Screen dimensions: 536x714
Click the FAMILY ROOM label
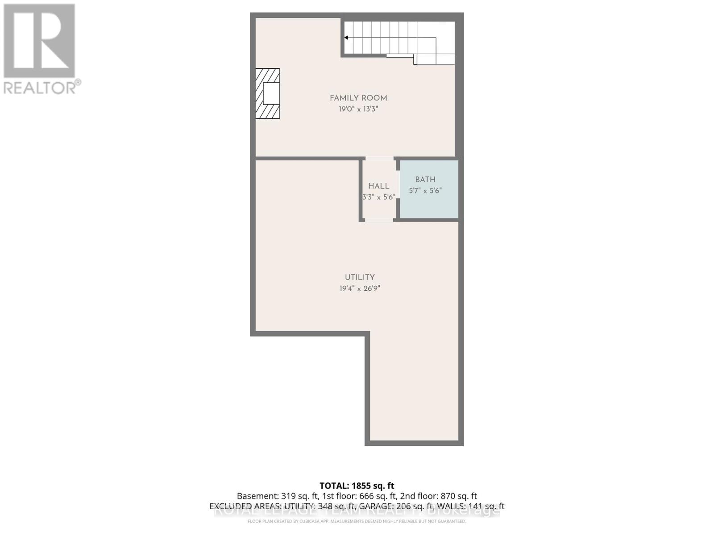[x=358, y=98]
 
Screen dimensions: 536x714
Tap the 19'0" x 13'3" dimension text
[x=358, y=109]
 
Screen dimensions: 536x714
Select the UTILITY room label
[x=360, y=277]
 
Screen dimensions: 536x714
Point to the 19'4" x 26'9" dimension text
[x=360, y=289]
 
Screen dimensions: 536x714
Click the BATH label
[x=425, y=180]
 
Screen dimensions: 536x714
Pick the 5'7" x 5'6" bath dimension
[x=425, y=191]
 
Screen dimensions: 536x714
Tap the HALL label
[x=378, y=186]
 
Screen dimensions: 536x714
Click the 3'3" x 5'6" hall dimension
[x=378, y=197]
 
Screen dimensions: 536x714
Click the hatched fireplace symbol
[x=268, y=93]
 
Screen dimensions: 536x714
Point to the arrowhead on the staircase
[x=346, y=38]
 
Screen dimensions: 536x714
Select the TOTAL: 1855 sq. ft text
[x=357, y=486]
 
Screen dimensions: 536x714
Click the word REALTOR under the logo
[x=40, y=88]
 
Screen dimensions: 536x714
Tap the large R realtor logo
[x=39, y=41]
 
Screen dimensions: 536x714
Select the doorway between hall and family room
[x=380, y=159]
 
